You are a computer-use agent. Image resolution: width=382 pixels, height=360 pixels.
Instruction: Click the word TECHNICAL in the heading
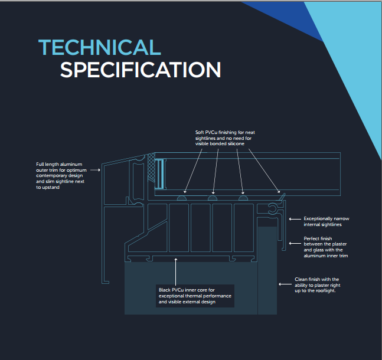point(100,47)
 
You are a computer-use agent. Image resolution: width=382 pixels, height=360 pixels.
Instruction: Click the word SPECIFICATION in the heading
point(141,70)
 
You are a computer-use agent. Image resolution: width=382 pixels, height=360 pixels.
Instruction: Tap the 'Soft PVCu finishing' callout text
point(225,138)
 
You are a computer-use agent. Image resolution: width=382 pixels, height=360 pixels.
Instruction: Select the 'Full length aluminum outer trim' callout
point(61,176)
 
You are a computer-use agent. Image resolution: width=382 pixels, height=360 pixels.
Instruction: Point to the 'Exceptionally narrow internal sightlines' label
point(327,221)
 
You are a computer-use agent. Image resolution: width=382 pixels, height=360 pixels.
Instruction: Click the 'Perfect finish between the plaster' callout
point(326,247)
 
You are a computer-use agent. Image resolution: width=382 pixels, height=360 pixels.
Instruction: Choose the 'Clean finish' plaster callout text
point(317,284)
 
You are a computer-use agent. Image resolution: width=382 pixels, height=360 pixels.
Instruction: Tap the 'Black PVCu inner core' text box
point(195,296)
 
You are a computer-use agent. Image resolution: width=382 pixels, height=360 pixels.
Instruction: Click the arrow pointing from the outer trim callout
point(95,170)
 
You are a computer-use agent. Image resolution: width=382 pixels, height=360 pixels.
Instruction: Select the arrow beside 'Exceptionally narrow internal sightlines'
point(295,219)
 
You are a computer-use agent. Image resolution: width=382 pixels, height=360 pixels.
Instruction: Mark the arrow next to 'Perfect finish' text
point(295,243)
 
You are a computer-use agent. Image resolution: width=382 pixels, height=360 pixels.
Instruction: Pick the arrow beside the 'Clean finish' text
point(285,284)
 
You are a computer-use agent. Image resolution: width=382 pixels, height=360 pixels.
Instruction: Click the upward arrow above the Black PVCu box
point(176,271)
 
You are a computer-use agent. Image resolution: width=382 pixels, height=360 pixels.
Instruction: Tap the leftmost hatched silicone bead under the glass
point(182,198)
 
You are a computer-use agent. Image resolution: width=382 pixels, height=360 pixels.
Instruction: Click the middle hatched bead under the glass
point(213,198)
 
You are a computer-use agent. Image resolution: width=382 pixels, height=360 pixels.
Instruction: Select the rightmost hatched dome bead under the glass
point(243,198)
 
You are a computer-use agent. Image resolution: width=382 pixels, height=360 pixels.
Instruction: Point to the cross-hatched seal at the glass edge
point(151,168)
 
